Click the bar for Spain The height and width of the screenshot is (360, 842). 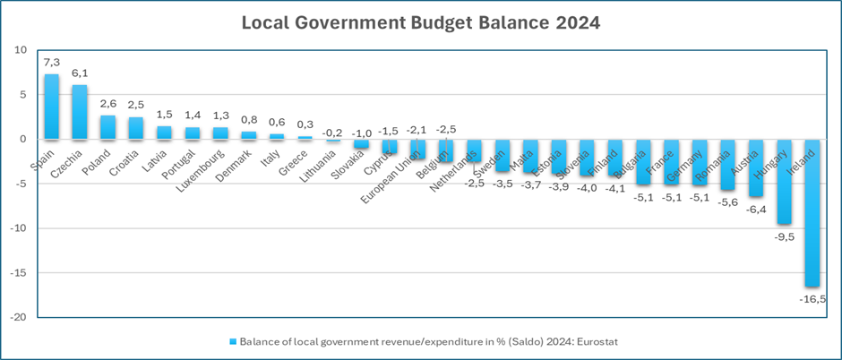click(52, 107)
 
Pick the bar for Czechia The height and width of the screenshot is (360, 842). click(80, 112)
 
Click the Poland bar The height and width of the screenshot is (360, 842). click(107, 127)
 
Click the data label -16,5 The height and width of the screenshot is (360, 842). click(812, 297)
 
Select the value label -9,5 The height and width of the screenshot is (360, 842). click(783, 236)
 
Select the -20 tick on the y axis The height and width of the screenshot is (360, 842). click(19, 317)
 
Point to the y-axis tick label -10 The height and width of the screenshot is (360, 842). click(19, 228)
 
